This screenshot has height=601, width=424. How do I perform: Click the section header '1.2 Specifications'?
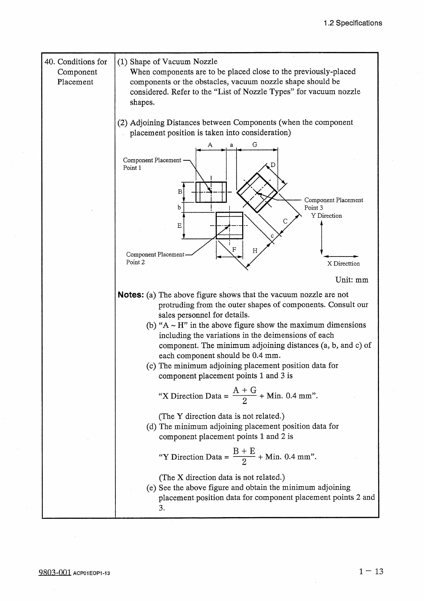(353, 23)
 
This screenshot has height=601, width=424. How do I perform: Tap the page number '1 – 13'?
(371, 571)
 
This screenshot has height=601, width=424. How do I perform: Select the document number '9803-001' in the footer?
(55, 572)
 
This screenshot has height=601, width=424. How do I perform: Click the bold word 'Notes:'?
(131, 295)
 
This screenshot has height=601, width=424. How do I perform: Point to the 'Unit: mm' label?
(351, 280)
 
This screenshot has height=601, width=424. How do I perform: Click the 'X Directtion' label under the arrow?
(343, 264)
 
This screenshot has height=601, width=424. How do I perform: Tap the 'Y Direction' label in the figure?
(326, 216)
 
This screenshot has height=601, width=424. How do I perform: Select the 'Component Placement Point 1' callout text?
(152, 164)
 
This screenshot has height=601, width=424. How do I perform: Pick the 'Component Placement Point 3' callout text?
(333, 204)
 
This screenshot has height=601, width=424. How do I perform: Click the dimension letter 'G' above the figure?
(255, 145)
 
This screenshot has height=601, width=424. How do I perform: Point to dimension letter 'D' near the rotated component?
(273, 165)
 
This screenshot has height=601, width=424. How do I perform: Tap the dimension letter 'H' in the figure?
(255, 251)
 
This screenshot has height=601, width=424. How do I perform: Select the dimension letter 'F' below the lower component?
(234, 249)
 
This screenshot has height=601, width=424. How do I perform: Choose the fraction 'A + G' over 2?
(244, 395)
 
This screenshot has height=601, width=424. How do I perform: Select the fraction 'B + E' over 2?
(244, 456)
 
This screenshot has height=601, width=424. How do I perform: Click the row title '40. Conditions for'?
(75, 62)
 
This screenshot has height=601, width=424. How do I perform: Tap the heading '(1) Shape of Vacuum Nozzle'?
(167, 62)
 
